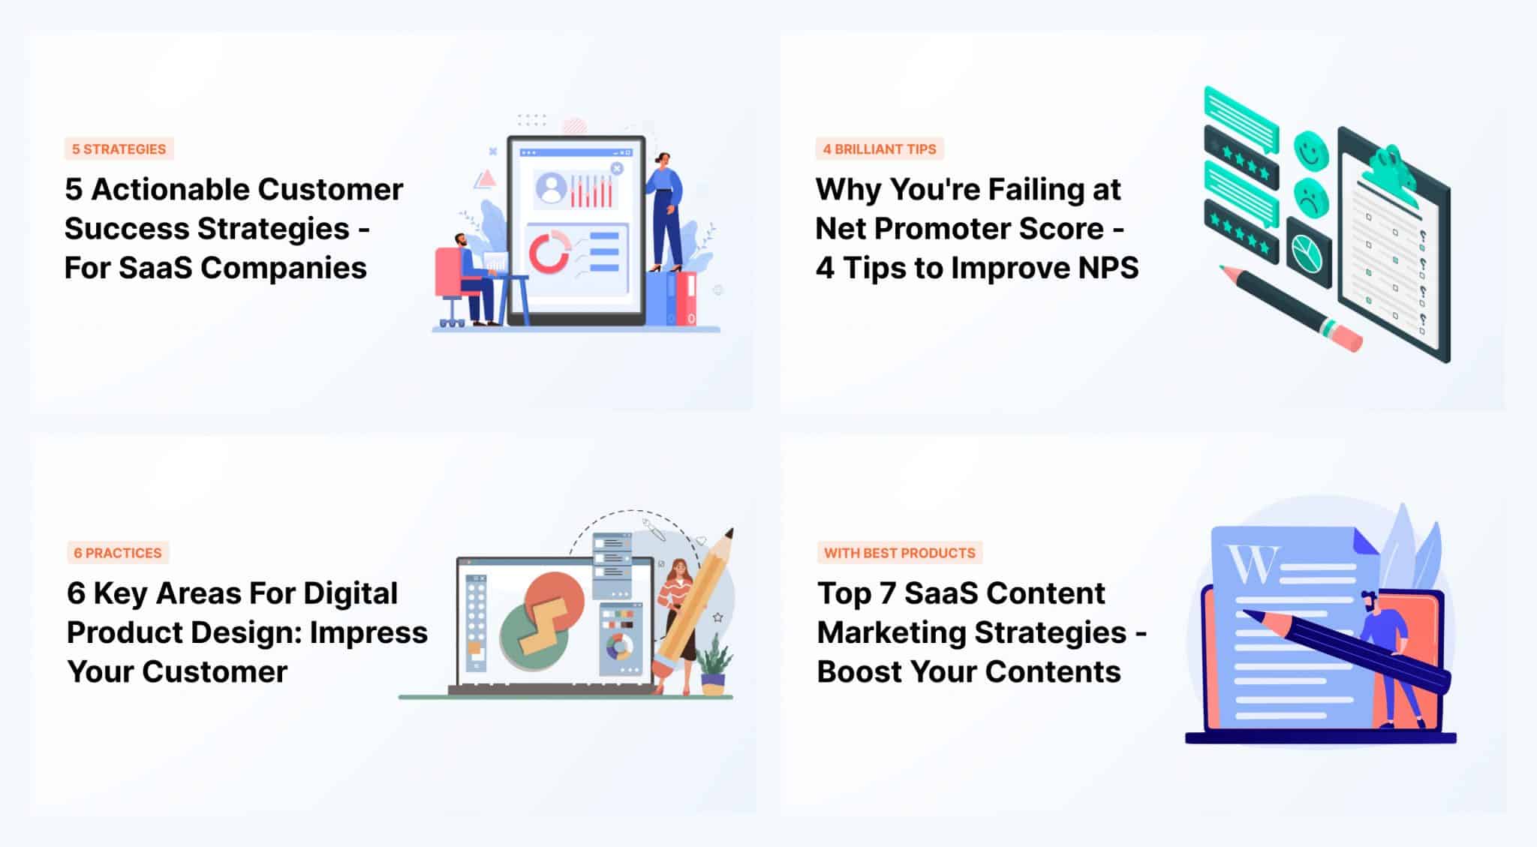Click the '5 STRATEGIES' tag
[x=119, y=149]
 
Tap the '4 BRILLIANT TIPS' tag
[x=879, y=149]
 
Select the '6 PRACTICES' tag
[x=117, y=553]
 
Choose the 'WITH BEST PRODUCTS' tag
[x=899, y=553]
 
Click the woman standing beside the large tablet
[x=665, y=210]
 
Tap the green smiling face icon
[x=1310, y=150]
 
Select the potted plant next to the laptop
[x=713, y=668]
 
